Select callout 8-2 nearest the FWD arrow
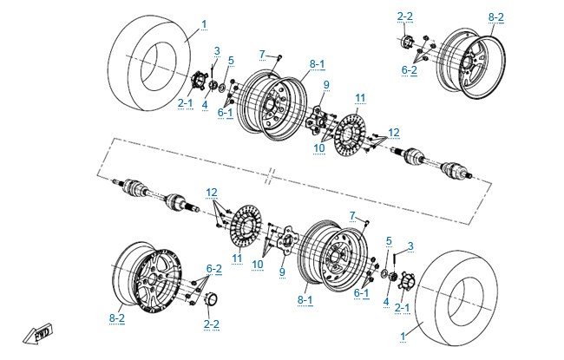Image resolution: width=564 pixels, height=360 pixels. [x=118, y=318]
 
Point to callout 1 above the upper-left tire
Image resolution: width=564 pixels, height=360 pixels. [x=204, y=23]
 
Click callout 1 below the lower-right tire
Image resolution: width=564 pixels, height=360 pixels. [x=401, y=335]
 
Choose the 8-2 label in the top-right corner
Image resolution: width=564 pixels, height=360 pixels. [x=496, y=16]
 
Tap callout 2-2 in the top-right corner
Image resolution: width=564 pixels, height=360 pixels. [x=405, y=16]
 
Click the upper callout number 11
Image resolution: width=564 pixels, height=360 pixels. [x=360, y=96]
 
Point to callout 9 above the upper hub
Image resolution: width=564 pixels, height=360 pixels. [x=326, y=84]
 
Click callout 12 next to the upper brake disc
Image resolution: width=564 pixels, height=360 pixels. [x=394, y=132]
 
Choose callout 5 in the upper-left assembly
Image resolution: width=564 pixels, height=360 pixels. [x=231, y=60]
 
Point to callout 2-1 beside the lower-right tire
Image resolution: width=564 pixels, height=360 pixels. [x=402, y=306]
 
